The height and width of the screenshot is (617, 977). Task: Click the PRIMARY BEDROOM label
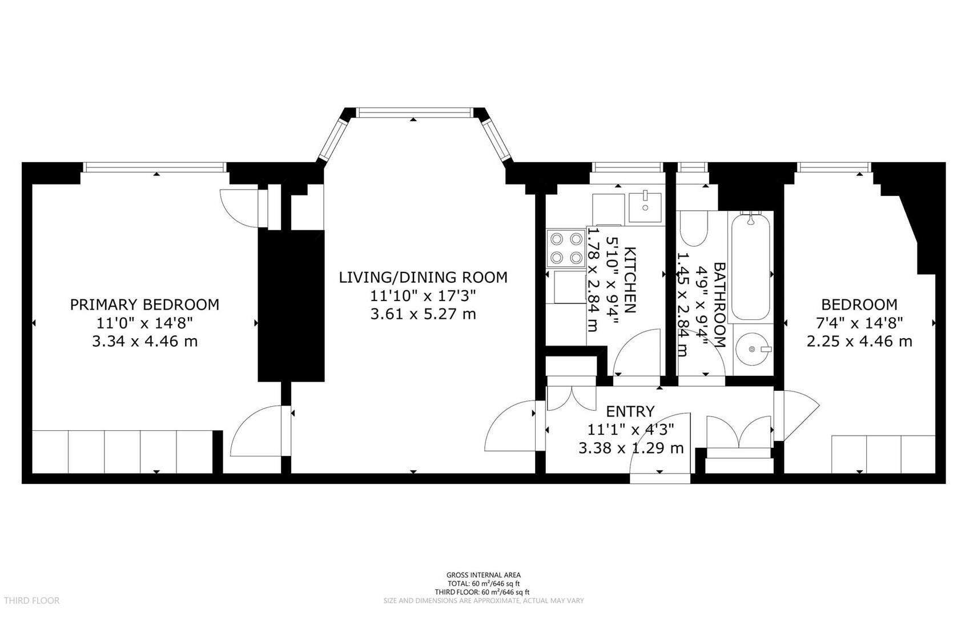pyautogui.click(x=144, y=305)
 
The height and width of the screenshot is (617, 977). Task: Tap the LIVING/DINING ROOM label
pyautogui.click(x=423, y=278)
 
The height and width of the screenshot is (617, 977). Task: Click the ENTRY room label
pyautogui.click(x=630, y=411)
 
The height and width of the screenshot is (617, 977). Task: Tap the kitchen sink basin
pyautogui.click(x=645, y=207)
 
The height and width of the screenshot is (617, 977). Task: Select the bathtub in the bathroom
pyautogui.click(x=751, y=266)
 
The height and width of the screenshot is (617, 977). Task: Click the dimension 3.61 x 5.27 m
pyautogui.click(x=423, y=314)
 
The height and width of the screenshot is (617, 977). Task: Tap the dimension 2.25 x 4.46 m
pyautogui.click(x=859, y=342)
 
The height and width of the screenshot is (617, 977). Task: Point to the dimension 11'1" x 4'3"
pyautogui.click(x=630, y=430)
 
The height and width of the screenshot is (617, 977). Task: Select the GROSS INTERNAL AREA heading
pyautogui.click(x=483, y=575)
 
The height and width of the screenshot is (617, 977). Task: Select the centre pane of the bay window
pyautogui.click(x=415, y=113)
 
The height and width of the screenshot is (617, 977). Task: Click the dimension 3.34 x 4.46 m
pyautogui.click(x=144, y=342)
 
